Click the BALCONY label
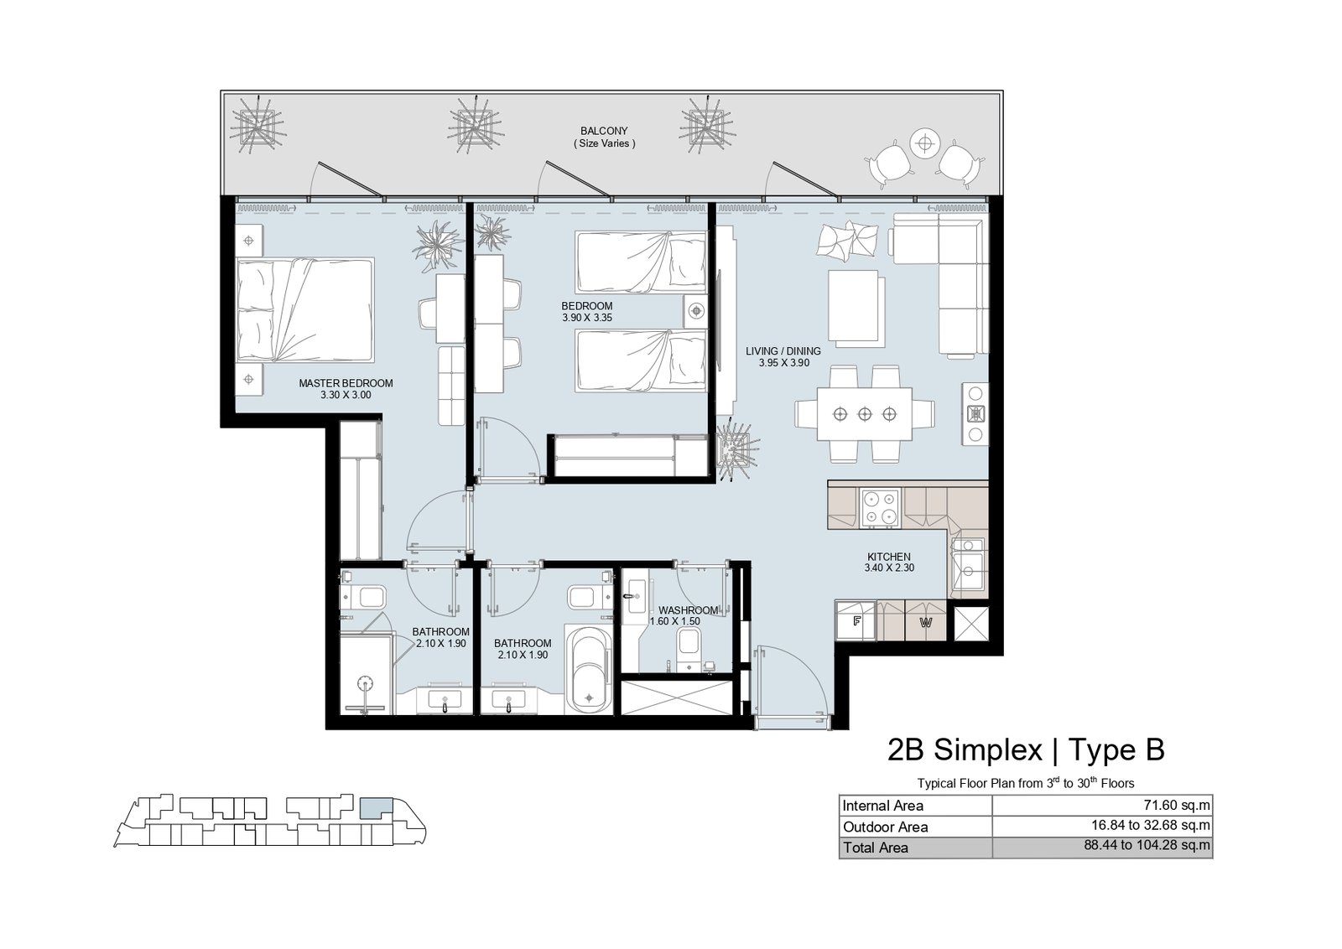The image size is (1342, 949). pos(604,131)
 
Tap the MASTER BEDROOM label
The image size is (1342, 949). pos(346,383)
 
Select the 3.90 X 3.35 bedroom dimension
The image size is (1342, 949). pos(587,318)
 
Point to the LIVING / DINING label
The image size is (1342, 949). pos(783,351)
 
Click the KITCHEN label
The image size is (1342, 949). pos(889,556)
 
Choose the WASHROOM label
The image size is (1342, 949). pos(689,610)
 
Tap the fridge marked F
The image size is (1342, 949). pos(856,621)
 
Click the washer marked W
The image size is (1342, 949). pos(926,621)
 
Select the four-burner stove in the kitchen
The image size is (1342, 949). pos(880,508)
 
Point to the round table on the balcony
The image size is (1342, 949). pos(925,143)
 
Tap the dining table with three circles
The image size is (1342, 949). pos(865,414)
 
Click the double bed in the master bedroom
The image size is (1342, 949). pos(305,310)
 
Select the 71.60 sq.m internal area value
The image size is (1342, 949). pos(1179,806)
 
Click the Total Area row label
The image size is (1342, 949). pos(876,848)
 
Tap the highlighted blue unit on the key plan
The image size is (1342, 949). pos(377,808)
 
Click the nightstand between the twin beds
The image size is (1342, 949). pos(695,311)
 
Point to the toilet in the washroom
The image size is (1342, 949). pos(689,648)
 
